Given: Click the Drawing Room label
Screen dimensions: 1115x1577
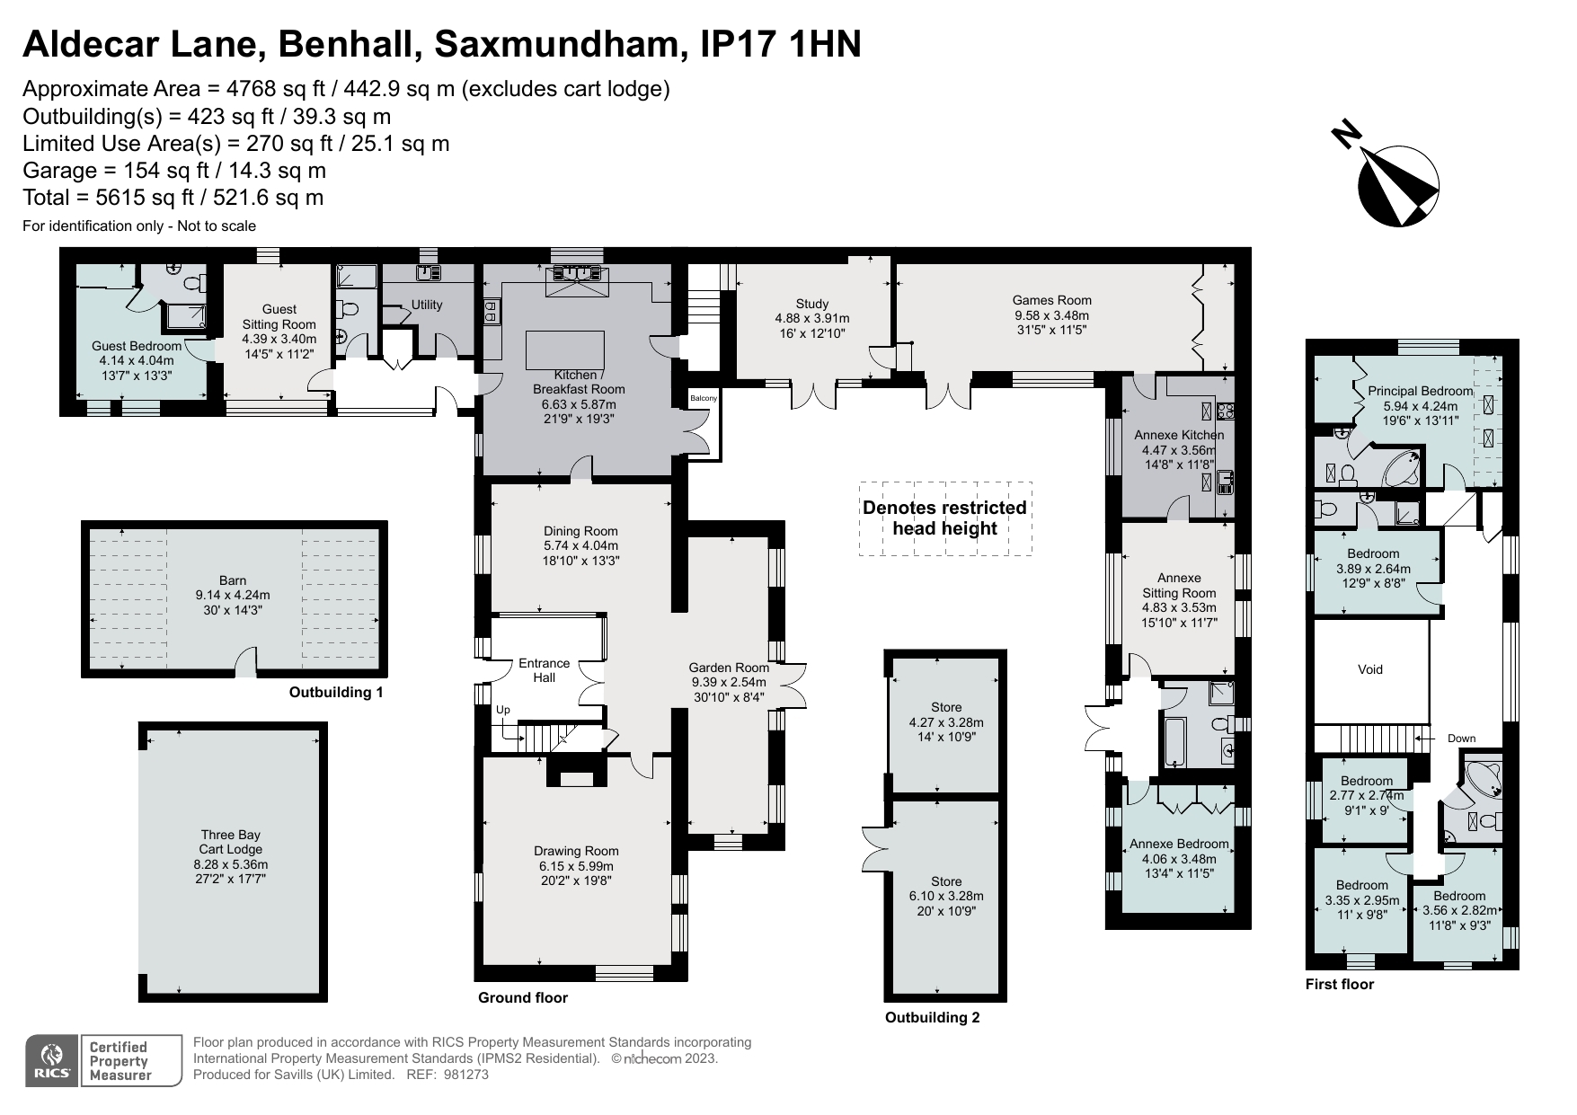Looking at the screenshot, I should tap(576, 851).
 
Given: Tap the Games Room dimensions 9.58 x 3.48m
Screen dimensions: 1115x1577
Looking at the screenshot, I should tap(1051, 316).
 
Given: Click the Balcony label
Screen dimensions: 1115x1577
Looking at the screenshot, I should tap(703, 398).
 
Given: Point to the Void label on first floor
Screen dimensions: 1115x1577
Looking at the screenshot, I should tap(1369, 669).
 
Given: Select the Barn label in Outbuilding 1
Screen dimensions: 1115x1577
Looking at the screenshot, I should tap(233, 580).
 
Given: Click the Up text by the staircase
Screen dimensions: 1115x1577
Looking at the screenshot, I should tap(503, 710).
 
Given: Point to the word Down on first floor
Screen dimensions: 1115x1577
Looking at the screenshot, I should tap(1461, 739).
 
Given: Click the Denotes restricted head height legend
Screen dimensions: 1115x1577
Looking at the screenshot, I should tap(944, 518).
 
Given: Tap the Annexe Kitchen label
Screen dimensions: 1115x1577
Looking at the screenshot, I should tap(1179, 435).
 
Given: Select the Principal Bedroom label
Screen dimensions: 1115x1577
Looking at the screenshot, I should tap(1420, 391).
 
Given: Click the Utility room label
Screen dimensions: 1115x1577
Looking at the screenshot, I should tap(427, 305).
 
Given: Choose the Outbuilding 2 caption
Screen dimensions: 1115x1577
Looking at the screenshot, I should tap(932, 1018).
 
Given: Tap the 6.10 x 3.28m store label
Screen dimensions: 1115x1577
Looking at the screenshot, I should tap(946, 896).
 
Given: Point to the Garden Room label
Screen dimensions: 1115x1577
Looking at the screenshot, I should tap(729, 668).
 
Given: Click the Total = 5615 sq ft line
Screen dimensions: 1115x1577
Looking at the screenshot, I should tap(173, 198).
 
